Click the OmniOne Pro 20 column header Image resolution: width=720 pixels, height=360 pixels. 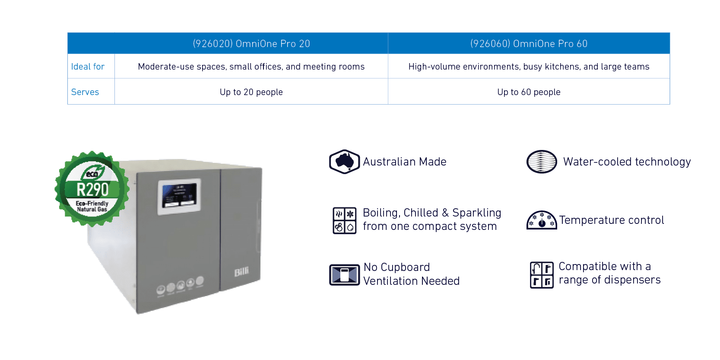pos(251,44)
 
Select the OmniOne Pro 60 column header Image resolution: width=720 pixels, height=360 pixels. pos(529,44)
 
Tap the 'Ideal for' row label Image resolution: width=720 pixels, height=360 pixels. pos(88,67)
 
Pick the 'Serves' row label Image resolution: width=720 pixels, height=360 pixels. pos(85,92)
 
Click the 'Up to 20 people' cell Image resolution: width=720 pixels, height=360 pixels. pos(251,92)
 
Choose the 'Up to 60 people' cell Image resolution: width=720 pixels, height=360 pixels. pos(529,92)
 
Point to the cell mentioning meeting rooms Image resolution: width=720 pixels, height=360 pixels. pos(251,67)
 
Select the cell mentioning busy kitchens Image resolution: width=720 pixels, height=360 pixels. pos(529,67)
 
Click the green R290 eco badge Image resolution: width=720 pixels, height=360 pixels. pos(92,189)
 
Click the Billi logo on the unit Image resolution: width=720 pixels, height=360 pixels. pos(241,272)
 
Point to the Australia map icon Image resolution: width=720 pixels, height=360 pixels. pos(344,162)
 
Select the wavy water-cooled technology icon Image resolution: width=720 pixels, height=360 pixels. pos(542,162)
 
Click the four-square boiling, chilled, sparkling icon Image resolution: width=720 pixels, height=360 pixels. pos(344,220)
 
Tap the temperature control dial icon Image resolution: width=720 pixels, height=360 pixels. pos(542,220)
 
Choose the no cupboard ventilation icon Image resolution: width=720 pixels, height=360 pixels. pos(344,274)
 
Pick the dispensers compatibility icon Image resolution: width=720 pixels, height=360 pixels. pos(542,274)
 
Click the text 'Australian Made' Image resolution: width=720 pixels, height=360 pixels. pos(405,162)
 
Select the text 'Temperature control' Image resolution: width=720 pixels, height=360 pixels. pos(612,220)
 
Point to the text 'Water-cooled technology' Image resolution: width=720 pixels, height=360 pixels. pos(627,162)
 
